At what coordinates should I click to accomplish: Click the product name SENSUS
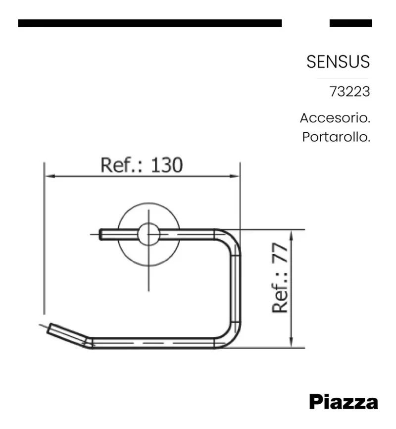tap(338, 62)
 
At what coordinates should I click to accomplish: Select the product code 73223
tap(350, 92)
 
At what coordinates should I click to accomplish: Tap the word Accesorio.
tap(335, 118)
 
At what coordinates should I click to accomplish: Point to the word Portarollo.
tap(336, 137)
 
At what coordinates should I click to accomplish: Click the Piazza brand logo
tap(344, 402)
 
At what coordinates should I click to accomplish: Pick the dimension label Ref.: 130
tap(142, 164)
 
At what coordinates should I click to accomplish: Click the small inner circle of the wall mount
tap(148, 234)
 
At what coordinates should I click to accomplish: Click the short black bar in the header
tap(350, 23)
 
